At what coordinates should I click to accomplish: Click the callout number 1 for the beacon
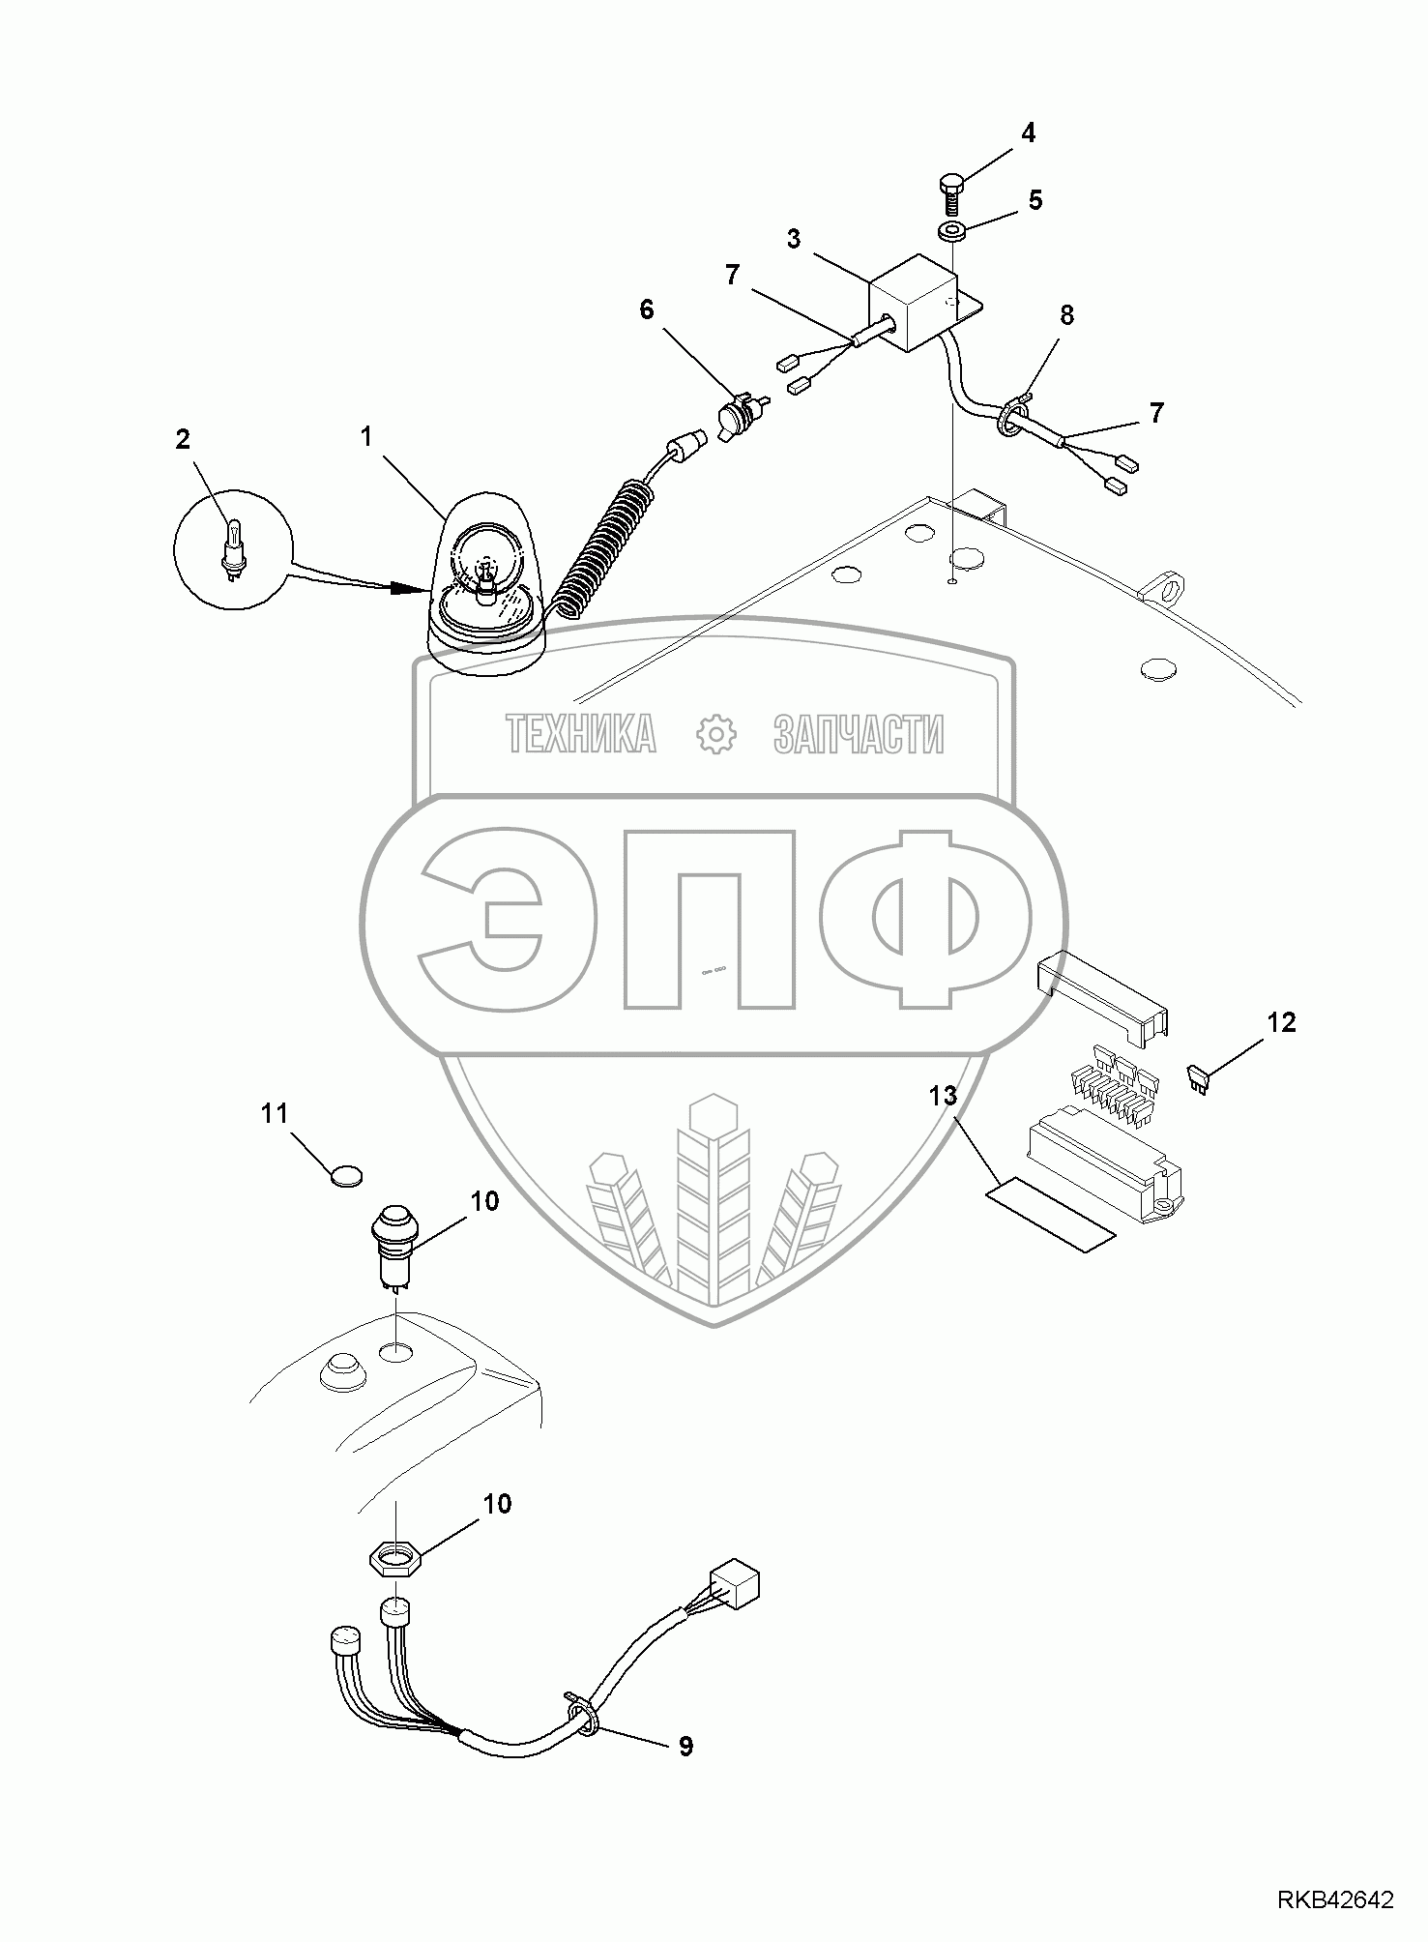(366, 437)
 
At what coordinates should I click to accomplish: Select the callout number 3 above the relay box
(794, 239)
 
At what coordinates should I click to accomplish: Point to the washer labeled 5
(952, 232)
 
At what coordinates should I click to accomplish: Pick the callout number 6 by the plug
(645, 310)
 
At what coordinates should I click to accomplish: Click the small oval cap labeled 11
(344, 1176)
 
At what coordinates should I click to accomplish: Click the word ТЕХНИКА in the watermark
(580, 734)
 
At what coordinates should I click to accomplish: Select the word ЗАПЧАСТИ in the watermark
(859, 734)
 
